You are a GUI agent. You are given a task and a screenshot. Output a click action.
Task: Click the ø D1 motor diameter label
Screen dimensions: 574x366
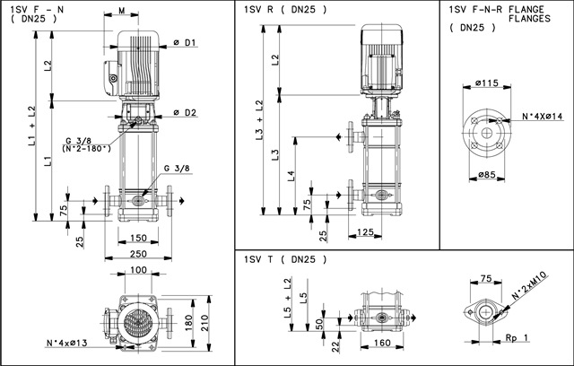(x=185, y=43)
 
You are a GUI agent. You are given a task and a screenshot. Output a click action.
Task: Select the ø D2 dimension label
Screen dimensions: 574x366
(x=185, y=113)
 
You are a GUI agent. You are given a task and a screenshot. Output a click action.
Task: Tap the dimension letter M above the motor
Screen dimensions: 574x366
(x=122, y=11)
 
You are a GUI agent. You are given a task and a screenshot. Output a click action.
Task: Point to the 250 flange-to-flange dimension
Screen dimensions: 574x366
(x=138, y=253)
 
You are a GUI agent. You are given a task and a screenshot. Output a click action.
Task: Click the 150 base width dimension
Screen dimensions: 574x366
(x=138, y=238)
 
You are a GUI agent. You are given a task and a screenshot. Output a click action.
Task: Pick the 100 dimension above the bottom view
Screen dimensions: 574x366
(x=138, y=270)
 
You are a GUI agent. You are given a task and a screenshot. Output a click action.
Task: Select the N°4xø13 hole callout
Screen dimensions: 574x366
(x=67, y=343)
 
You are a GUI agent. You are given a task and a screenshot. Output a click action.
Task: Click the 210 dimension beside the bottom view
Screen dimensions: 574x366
(x=205, y=323)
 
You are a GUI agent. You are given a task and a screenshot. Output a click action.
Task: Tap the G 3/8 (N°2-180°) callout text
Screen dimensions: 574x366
(x=87, y=144)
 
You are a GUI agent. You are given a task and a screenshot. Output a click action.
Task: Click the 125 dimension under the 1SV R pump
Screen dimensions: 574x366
(x=365, y=231)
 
